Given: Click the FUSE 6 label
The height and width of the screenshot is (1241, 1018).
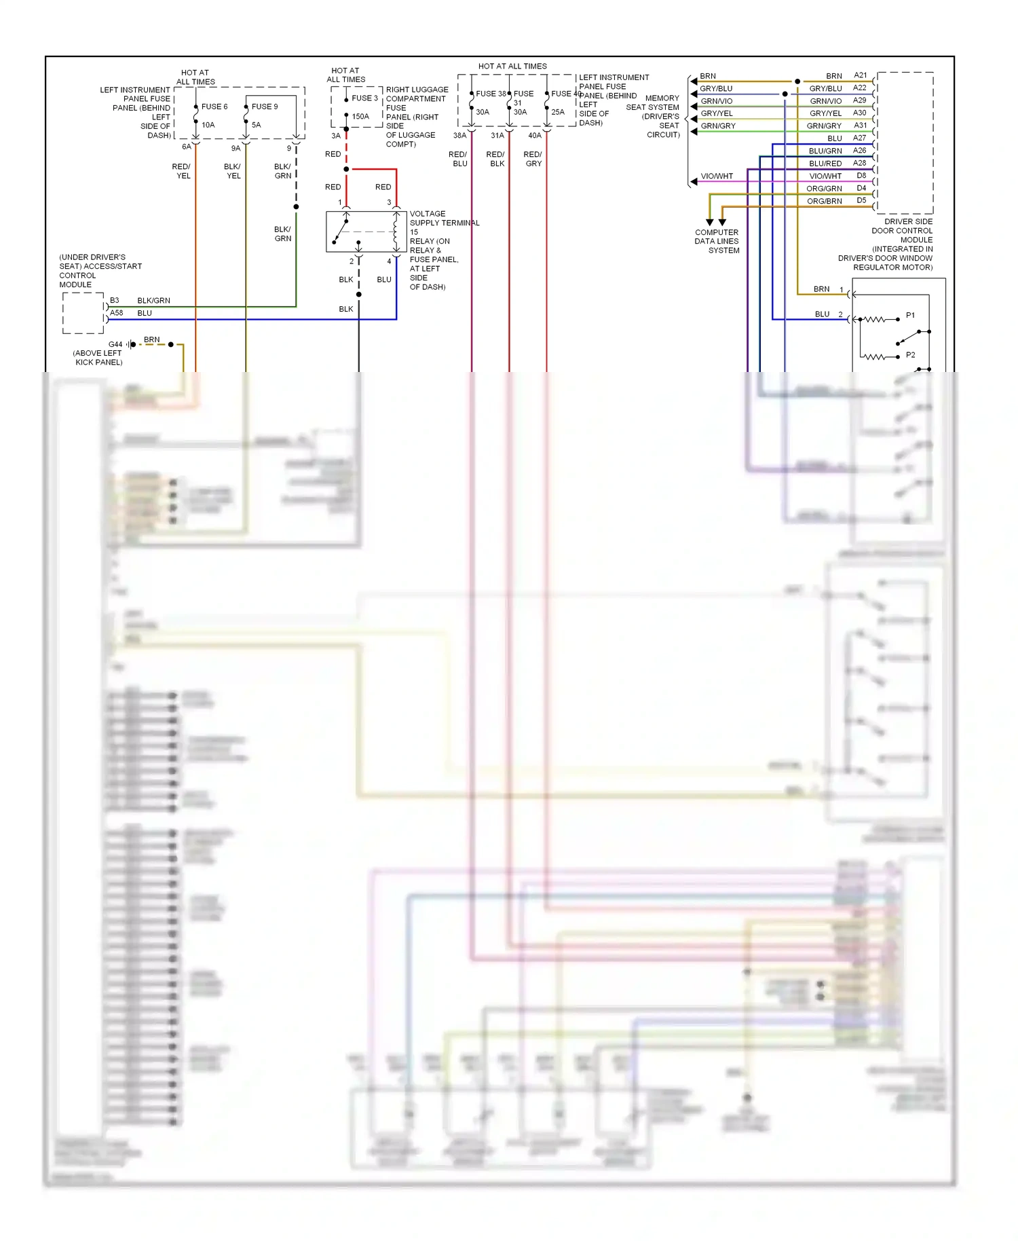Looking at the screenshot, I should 214,107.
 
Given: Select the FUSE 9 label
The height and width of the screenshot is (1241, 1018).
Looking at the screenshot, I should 265,107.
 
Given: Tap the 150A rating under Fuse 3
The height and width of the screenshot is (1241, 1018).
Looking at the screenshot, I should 360,117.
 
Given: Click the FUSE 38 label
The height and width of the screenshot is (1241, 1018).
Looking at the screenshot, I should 491,94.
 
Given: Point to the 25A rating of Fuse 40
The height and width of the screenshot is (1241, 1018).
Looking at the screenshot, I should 558,112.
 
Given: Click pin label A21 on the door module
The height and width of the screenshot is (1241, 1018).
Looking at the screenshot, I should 860,75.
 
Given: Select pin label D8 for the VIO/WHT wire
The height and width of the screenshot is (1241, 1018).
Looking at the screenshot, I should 861,176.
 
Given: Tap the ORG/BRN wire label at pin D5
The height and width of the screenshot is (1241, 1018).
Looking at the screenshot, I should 824,202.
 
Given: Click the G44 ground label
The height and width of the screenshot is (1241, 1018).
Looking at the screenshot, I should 115,344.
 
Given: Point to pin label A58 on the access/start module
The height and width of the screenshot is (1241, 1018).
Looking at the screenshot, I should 117,313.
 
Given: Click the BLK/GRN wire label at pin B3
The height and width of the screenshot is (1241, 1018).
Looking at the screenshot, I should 153,301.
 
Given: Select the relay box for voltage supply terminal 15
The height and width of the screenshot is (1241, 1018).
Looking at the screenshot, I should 366,231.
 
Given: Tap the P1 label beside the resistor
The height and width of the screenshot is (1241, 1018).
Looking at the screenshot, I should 910,316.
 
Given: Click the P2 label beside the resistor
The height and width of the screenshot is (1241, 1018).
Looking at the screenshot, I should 910,355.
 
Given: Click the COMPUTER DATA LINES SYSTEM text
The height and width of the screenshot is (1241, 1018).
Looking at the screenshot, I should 717,241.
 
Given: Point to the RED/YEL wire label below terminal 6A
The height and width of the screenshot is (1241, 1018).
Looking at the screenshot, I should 182,171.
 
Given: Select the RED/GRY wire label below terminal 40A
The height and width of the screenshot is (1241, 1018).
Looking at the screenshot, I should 533,159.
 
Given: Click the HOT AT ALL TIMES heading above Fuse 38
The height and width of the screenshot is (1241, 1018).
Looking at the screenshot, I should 512,67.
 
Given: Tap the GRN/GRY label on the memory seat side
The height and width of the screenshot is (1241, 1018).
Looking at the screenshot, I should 718,126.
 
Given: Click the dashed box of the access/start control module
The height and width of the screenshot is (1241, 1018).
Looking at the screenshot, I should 83,313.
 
